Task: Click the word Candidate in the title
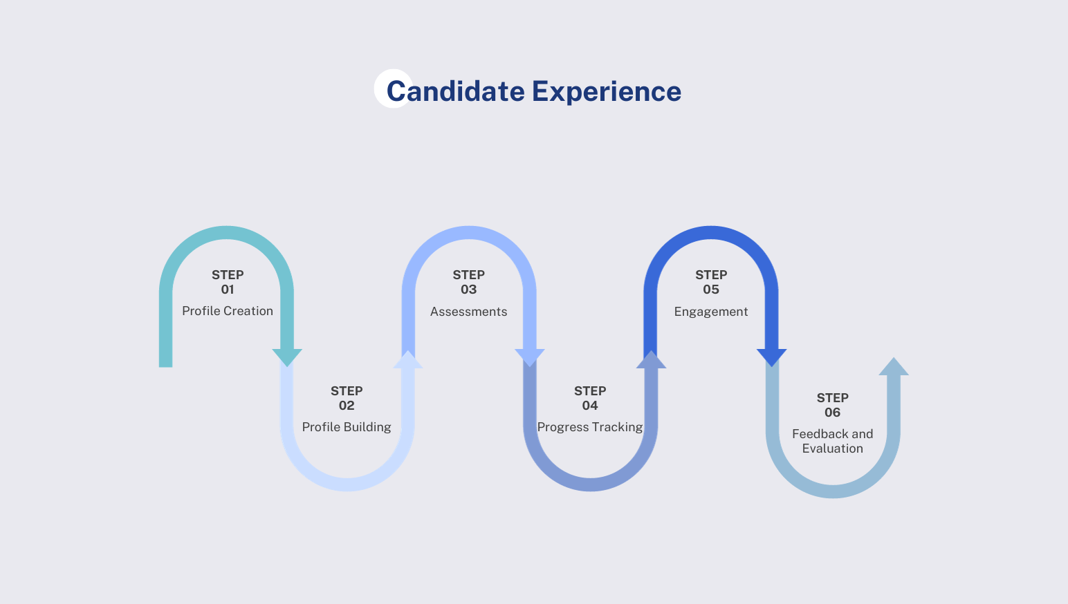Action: coord(455,91)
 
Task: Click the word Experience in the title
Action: coord(607,91)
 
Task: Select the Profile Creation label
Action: coord(228,311)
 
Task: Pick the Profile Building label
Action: coord(347,427)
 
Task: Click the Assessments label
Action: coord(468,312)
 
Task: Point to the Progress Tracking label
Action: coord(590,427)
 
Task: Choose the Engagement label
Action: coord(711,312)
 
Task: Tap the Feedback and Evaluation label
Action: coord(832,441)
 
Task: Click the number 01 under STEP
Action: coord(228,290)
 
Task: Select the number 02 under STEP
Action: coord(347,406)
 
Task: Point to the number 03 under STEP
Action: coord(468,290)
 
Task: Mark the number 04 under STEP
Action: coord(590,406)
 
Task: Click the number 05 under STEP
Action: coord(711,290)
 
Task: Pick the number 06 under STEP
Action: coord(832,413)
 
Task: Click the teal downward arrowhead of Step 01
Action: coord(287,357)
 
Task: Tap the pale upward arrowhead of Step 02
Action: coord(408,361)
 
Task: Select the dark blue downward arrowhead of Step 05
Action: coord(772,357)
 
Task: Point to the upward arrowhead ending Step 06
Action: coord(894,368)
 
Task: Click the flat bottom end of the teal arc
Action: coord(165,364)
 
